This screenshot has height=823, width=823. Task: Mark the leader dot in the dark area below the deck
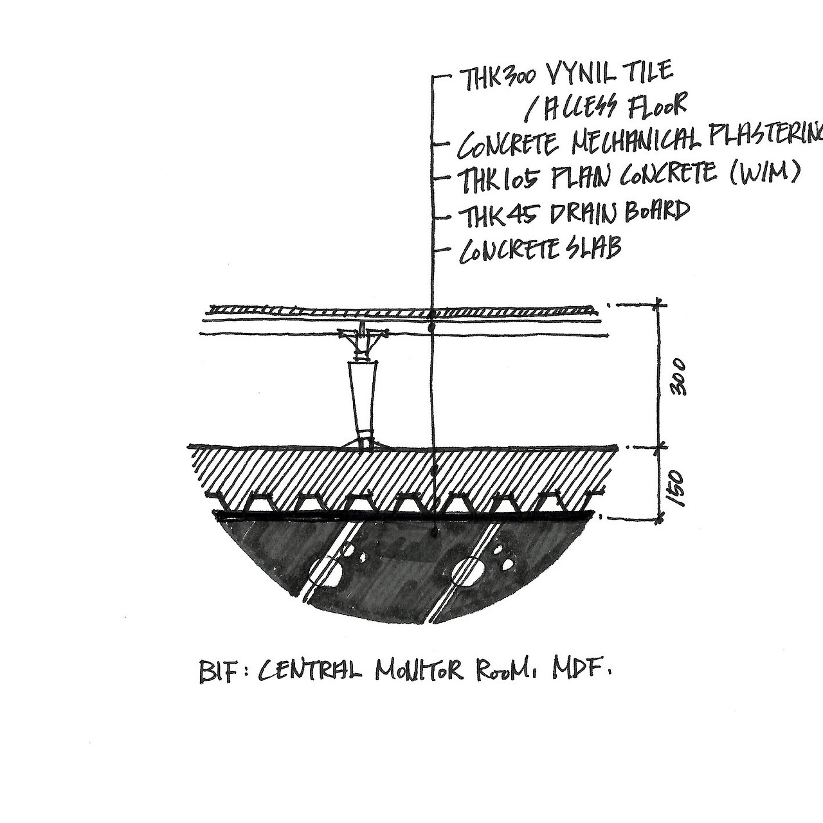click(435, 532)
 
